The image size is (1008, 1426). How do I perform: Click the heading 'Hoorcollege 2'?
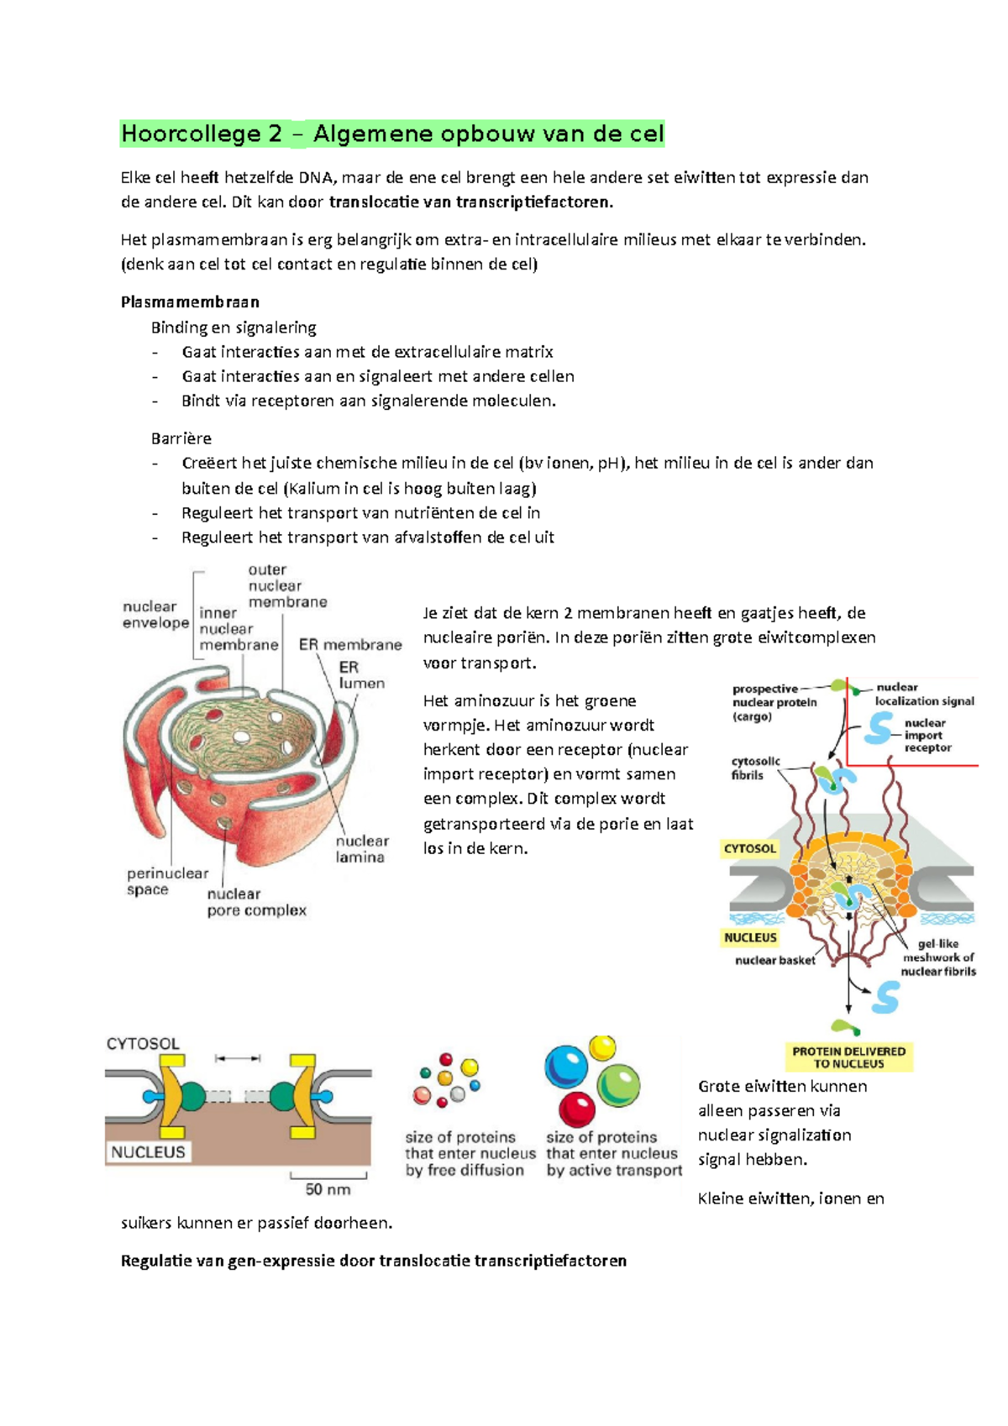202,134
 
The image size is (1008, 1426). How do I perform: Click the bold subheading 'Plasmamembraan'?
190,301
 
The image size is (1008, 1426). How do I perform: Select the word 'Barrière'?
181,438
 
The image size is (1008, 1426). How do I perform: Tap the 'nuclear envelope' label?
155,615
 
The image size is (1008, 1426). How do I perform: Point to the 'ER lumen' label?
362,675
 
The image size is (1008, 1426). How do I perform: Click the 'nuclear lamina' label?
361,848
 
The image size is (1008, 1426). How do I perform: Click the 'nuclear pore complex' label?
256,902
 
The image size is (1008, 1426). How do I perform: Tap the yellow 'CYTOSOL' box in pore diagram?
749,848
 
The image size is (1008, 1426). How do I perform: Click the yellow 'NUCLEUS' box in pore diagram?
750,938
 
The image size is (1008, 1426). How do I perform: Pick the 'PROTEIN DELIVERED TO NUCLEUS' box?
848,1057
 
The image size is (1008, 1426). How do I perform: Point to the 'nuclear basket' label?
775,960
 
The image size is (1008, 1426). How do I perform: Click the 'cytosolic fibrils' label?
755,768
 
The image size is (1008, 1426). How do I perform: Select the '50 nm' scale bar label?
328,1188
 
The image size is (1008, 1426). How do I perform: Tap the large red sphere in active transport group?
577,1109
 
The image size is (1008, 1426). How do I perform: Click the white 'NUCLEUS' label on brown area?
148,1151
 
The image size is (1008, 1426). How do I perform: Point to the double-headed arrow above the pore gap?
238,1058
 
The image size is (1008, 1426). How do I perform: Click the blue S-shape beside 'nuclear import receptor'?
879,728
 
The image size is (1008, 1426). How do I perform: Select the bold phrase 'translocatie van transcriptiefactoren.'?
471,202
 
